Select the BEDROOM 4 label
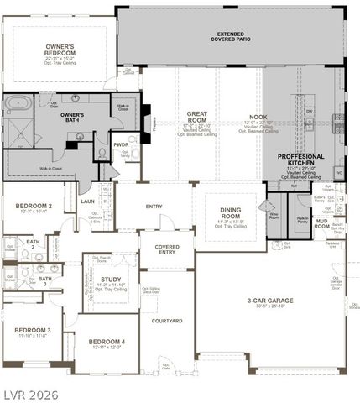[107, 341]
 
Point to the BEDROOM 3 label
[32, 330]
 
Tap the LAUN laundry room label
[87, 201]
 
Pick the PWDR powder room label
[121, 144]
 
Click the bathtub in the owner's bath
[18, 104]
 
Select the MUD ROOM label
[321, 223]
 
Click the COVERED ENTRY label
[166, 249]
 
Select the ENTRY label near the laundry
[154, 206]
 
